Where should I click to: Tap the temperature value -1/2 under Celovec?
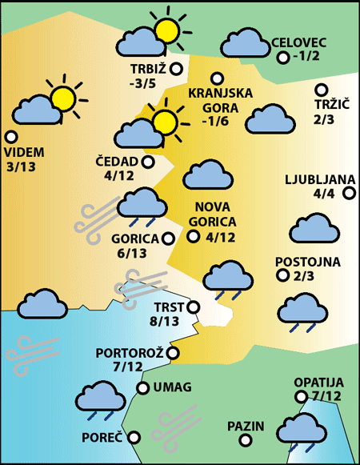(306, 57)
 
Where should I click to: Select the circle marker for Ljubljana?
(349, 193)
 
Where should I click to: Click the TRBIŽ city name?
(149, 69)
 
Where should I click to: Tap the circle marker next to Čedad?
(148, 162)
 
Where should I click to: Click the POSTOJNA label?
(308, 262)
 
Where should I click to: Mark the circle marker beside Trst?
(193, 306)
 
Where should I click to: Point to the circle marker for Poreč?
(134, 438)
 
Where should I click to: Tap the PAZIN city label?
(246, 426)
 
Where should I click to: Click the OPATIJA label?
(318, 383)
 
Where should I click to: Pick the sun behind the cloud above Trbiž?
(166, 30)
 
